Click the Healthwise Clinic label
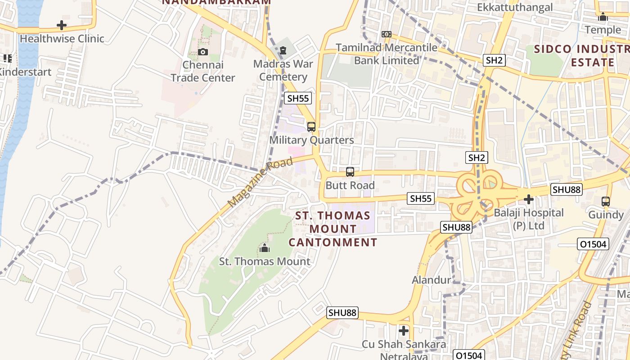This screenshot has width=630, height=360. click(62, 39)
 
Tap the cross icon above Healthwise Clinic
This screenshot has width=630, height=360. click(62, 25)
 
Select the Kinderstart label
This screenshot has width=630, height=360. click(25, 72)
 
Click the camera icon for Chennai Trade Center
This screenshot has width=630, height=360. click(203, 52)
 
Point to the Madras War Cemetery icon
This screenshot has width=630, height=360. click(283, 50)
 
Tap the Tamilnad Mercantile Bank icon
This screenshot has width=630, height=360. click(386, 34)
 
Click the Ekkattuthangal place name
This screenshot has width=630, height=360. click(515, 8)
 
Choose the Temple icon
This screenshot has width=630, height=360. click(603, 17)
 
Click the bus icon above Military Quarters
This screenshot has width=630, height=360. click(311, 127)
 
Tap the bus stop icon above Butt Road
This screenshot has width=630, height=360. click(350, 172)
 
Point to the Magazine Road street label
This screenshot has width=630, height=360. click(260, 182)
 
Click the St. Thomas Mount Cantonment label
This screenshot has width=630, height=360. click(333, 229)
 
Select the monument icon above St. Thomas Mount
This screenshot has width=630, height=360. click(265, 248)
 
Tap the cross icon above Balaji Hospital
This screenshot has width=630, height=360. click(529, 199)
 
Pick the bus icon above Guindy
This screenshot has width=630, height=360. click(606, 201)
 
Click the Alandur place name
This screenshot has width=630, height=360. click(431, 280)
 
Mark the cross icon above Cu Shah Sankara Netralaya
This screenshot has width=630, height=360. click(404, 331)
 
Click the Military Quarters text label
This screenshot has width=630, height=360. click(311, 140)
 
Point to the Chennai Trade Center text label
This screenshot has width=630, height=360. click(203, 72)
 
